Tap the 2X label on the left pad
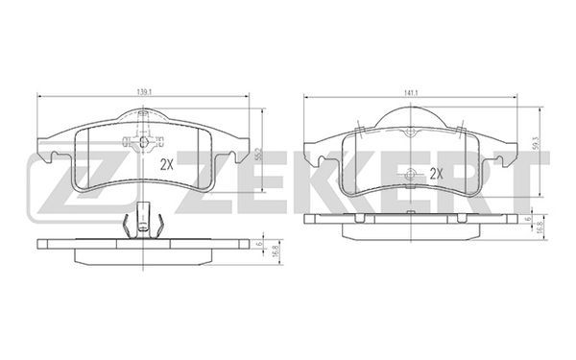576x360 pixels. click(166, 165)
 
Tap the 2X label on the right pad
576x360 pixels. click(437, 174)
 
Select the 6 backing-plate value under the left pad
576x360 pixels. click(259, 244)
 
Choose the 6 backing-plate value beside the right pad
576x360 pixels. click(528, 219)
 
